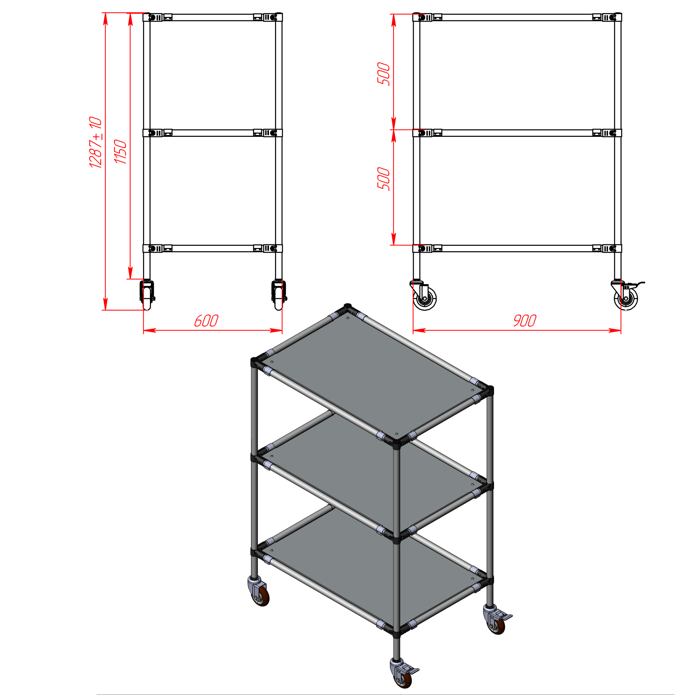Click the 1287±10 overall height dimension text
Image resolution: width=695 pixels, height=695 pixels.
pos(96,142)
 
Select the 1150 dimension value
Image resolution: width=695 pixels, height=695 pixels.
pos(120,152)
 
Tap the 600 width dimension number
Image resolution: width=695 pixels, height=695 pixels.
pos(206,321)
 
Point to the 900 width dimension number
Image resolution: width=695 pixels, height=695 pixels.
pos(525,321)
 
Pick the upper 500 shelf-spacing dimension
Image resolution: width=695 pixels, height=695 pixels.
pos(384,74)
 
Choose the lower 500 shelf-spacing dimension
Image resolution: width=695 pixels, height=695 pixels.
pos(384,179)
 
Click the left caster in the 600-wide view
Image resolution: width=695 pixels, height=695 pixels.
pos(147,295)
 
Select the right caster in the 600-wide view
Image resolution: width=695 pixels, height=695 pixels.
pos(279,295)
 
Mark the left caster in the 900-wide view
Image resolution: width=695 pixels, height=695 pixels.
pos(424,295)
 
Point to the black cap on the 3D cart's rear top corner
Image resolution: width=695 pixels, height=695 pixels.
pos(348,306)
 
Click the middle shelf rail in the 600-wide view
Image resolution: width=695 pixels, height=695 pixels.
pos(212,133)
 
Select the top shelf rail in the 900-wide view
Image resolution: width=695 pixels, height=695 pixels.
pos(517,17)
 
